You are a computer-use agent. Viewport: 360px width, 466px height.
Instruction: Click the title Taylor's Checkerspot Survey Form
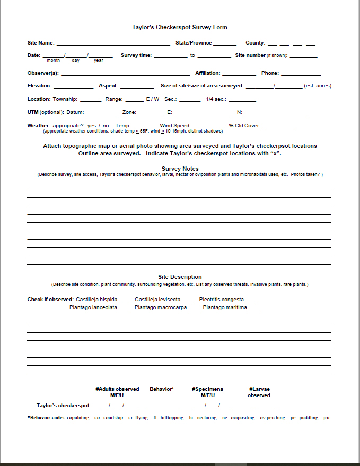[180, 27]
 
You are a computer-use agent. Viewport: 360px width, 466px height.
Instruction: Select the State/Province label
[194, 43]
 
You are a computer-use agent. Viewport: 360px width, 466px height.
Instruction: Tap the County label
[255, 43]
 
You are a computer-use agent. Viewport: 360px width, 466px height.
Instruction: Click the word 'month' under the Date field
[54, 61]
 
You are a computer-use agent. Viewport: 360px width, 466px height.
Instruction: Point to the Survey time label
[136, 55]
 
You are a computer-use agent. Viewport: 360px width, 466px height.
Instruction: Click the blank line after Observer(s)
[125, 74]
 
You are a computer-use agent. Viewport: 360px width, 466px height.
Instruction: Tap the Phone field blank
[301, 74]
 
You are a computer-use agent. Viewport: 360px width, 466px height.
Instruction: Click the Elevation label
[39, 86]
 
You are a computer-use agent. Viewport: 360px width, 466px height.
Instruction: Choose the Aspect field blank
[137, 86]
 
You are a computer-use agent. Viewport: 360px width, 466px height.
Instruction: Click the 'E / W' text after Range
[153, 99]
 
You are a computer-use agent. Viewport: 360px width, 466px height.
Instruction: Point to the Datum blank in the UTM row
[102, 113]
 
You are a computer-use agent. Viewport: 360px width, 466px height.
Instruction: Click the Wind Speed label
[175, 126]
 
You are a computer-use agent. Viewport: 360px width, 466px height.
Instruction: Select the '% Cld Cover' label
[244, 126]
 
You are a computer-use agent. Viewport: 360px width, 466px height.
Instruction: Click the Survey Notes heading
[180, 169]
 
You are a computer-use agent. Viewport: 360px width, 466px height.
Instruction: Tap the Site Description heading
[180, 277]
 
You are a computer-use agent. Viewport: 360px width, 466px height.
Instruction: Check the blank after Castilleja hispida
[125, 300]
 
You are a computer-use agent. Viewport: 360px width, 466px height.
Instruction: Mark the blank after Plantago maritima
[254, 308]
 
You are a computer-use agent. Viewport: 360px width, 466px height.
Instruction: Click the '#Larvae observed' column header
[259, 392]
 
